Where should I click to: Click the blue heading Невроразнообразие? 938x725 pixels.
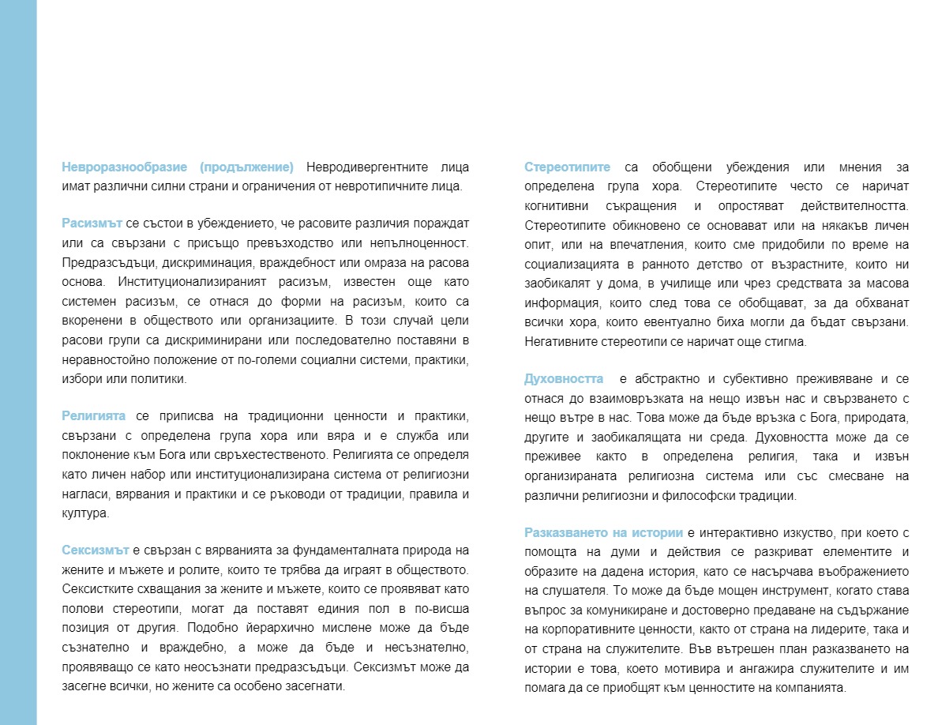click(124, 167)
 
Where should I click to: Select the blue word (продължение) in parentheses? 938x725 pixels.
click(246, 167)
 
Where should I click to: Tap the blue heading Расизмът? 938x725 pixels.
click(90, 223)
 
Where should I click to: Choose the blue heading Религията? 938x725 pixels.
click(94, 416)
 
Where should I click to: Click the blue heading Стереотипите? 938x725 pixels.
click(567, 167)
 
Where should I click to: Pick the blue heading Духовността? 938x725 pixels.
click(563, 380)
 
